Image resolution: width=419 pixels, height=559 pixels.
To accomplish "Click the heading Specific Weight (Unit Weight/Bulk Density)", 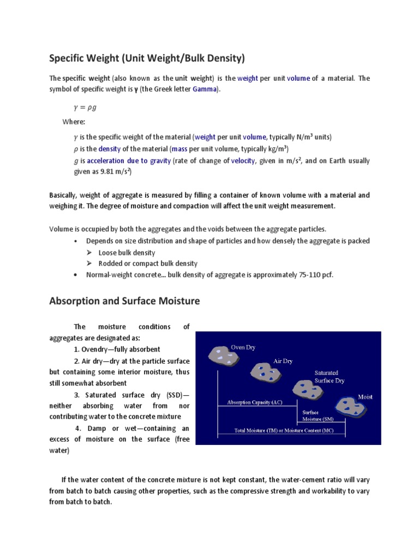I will coord(148,57).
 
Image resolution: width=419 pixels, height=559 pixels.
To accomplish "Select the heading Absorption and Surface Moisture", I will coord(124,301).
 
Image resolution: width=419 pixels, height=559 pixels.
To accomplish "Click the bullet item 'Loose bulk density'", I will coord(127,253).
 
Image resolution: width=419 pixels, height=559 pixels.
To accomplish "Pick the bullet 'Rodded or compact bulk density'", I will coord(148,264).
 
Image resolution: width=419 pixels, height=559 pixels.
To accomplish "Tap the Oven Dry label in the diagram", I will coord(243,347).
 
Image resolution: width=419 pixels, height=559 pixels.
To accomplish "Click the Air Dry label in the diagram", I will coord(283,361).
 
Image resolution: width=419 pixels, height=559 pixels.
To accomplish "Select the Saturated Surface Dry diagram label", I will coord(329,377).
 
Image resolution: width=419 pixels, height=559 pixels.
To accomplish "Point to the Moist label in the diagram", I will coord(365,396).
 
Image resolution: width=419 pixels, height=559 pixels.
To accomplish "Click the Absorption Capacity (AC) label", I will coord(255,403).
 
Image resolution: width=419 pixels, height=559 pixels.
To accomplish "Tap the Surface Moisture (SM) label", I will coord(316,416).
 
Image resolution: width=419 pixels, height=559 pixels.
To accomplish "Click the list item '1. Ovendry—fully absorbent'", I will coord(117,349).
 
